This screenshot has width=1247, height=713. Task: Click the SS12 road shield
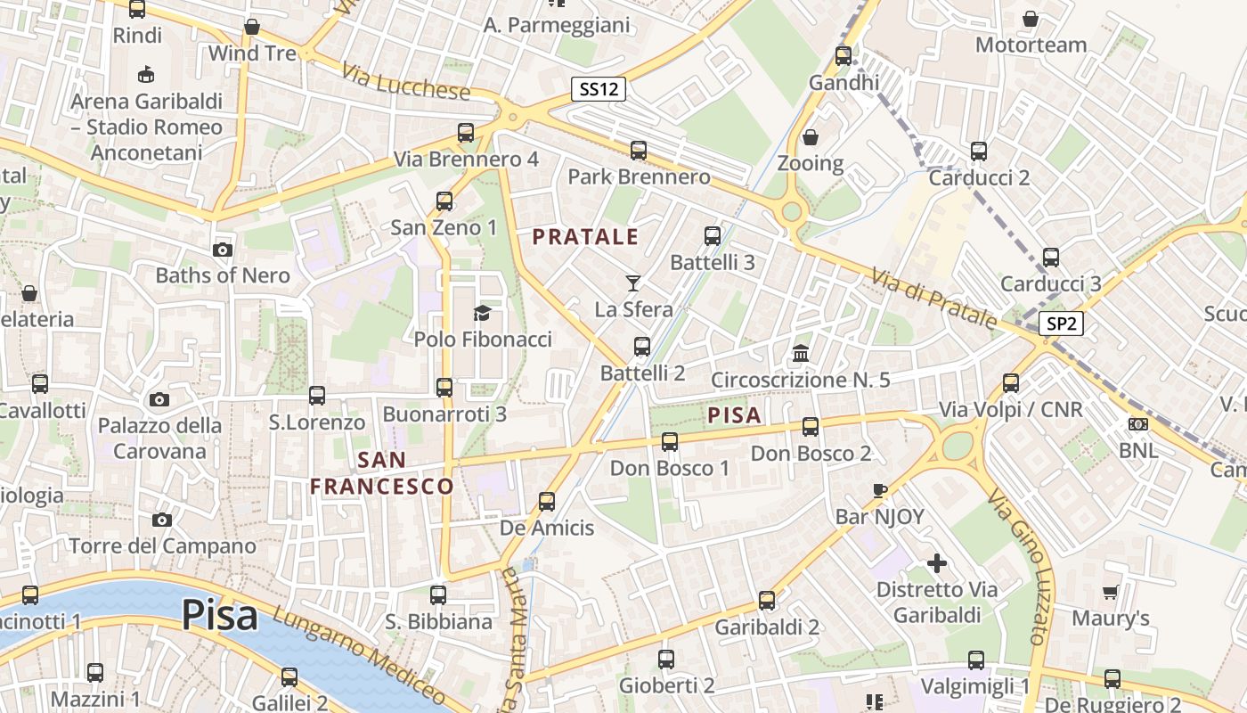599,89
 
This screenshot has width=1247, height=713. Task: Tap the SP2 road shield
1061,324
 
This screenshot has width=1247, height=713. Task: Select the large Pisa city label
220,615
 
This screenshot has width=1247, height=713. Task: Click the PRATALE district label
586,237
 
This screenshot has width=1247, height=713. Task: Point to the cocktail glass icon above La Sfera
633,283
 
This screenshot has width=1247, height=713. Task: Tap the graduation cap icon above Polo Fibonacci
482,313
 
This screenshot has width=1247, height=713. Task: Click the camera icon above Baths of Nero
223,250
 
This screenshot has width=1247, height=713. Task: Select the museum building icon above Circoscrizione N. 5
801,354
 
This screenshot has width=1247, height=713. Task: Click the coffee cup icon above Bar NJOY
880,490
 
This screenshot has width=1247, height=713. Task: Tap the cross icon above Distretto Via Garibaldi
936,563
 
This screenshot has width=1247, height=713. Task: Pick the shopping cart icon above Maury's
1110,592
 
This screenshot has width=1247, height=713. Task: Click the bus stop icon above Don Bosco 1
670,441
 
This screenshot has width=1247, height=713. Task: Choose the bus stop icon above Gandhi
843,56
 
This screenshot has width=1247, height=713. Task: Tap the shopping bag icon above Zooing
811,137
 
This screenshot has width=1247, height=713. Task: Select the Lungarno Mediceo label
359,658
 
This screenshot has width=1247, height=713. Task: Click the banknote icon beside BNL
1137,424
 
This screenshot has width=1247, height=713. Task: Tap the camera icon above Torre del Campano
161,520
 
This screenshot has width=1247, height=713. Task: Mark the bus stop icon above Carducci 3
1051,258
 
